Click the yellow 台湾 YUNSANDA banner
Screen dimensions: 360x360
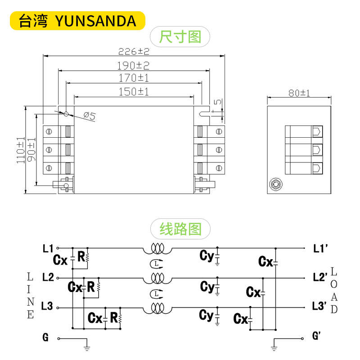77,20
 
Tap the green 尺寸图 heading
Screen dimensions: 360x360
180,36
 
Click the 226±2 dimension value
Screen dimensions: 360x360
134,51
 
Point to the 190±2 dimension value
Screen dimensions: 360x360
133,66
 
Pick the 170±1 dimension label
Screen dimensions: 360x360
134,78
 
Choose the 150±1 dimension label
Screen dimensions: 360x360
134,92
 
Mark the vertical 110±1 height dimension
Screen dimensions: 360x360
20,150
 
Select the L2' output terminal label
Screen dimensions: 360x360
319,277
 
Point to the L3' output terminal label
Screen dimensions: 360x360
319,307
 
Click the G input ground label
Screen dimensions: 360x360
45,337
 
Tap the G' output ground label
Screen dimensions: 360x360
316,336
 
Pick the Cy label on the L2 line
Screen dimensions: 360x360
207,286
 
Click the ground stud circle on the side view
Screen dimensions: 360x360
275,184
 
